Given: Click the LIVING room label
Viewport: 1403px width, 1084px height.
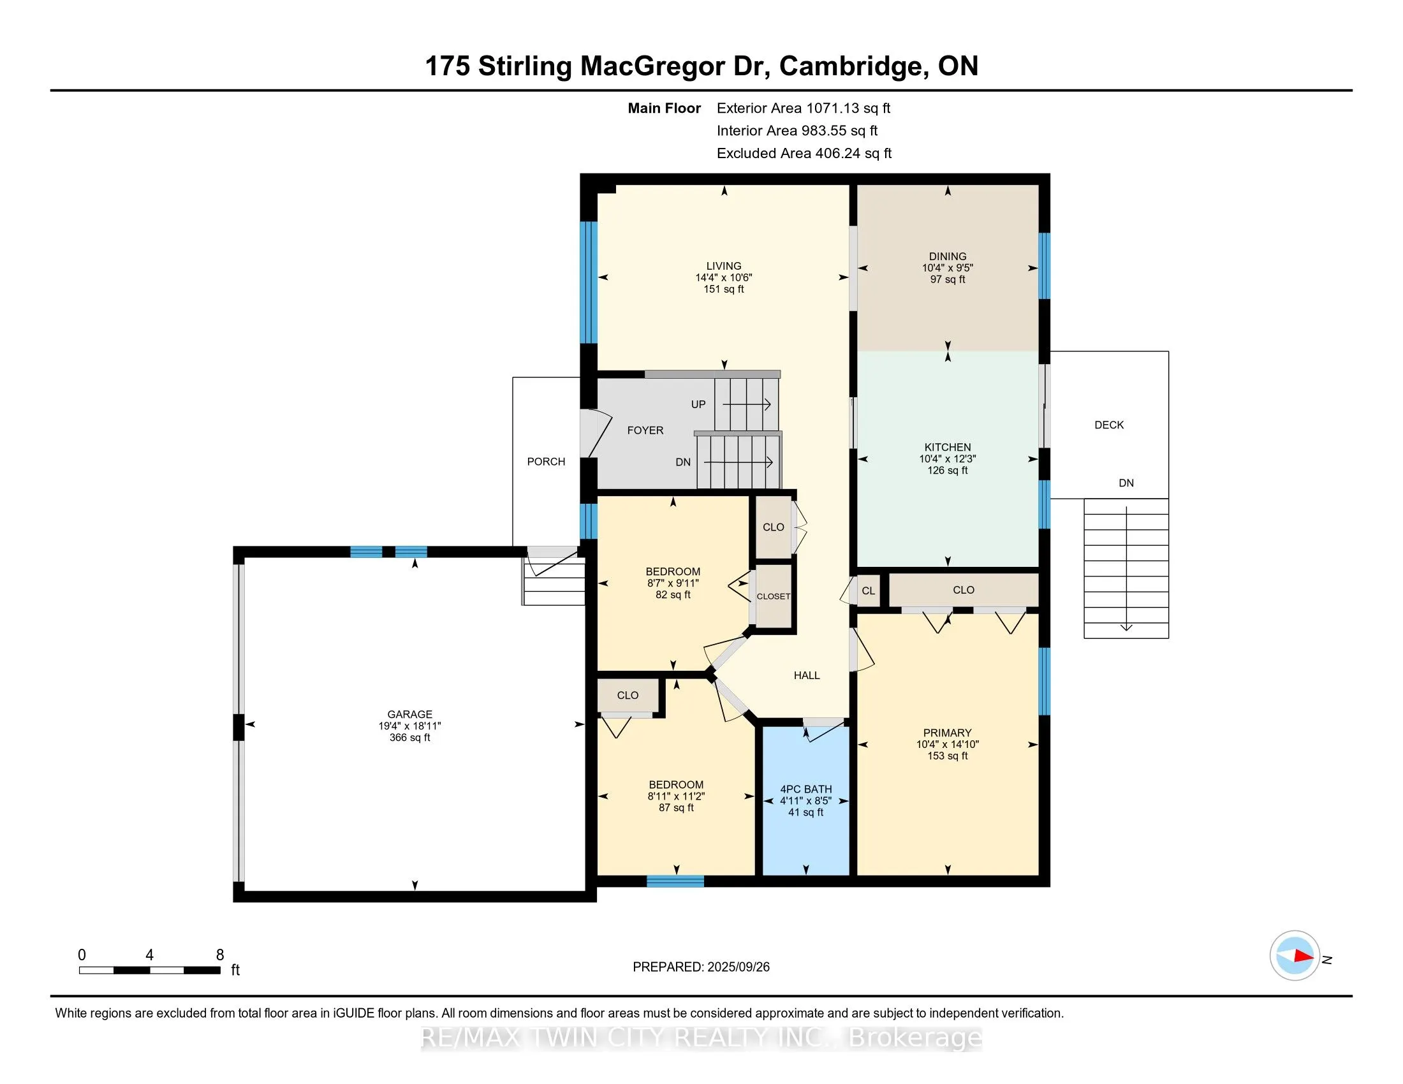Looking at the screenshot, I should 723,266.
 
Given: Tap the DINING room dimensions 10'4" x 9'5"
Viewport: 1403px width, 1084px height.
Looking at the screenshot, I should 948,268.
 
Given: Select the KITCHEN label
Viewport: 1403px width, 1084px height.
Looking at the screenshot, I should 948,447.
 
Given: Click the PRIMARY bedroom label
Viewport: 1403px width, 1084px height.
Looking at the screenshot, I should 947,733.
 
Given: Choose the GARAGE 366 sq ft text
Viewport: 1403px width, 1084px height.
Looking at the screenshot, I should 409,738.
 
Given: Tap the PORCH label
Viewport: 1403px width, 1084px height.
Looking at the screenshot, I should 546,462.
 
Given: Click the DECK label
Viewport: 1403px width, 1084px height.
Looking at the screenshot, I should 1109,425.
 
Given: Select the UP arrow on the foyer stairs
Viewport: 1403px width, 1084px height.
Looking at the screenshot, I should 747,404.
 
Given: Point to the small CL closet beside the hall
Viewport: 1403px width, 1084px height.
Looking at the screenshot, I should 868,591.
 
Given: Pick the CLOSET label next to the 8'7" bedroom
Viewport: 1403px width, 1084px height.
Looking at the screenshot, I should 774,597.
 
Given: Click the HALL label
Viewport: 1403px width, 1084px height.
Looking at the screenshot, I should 806,675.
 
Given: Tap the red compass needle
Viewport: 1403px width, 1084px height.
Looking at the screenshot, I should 1304,956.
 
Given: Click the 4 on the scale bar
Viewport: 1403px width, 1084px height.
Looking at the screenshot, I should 149,955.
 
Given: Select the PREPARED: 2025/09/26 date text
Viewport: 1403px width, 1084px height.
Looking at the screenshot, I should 701,967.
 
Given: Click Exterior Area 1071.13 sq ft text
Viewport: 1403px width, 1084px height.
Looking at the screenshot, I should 803,108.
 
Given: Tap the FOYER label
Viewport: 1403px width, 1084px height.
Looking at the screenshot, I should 645,431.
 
